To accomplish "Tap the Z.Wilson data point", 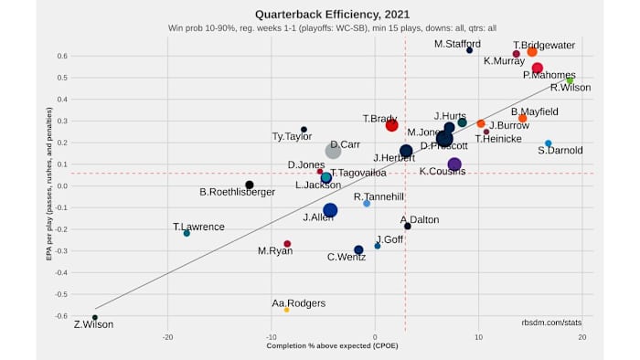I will click(x=95, y=317).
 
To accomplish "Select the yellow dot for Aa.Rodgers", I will click(x=286, y=310).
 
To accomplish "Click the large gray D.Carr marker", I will click(x=334, y=151).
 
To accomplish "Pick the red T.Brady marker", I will click(x=391, y=125).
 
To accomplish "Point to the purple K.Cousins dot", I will click(x=454, y=164).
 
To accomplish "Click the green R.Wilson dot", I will click(x=570, y=80).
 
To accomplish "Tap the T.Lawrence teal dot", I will click(x=187, y=233).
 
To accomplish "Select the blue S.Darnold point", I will click(x=549, y=143).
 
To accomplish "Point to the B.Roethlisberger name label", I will click(x=237, y=192).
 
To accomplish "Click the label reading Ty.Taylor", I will click(x=292, y=137).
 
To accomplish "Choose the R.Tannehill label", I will click(x=379, y=196).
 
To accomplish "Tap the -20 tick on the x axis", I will click(x=167, y=336).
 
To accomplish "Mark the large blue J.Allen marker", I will click(x=330, y=210).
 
